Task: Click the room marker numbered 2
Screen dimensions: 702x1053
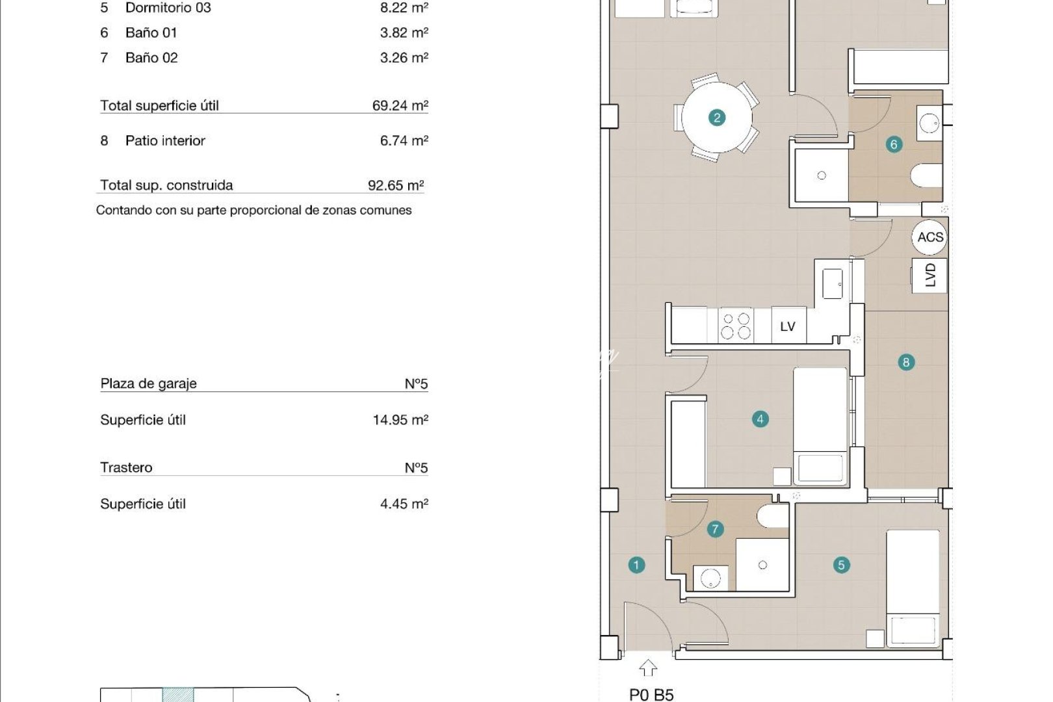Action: pyautogui.click(x=717, y=118)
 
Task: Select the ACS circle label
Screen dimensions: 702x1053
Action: pyautogui.click(x=929, y=237)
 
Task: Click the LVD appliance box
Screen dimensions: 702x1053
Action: pyautogui.click(x=929, y=275)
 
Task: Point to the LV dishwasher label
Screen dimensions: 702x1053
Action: pyautogui.click(x=788, y=326)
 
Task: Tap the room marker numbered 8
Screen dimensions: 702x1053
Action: pyautogui.click(x=905, y=362)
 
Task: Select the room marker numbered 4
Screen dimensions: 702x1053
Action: pyautogui.click(x=760, y=419)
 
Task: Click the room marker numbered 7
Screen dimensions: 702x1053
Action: pyautogui.click(x=715, y=529)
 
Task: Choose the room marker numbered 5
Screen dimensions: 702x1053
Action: pyautogui.click(x=841, y=565)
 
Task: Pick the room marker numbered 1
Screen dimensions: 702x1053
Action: pyautogui.click(x=636, y=565)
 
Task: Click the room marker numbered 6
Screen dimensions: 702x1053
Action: pyautogui.click(x=894, y=144)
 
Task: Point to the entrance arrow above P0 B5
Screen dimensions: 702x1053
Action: pyautogui.click(x=647, y=668)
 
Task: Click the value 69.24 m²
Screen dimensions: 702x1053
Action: pyautogui.click(x=400, y=105)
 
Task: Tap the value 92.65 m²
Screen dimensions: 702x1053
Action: pyautogui.click(x=395, y=185)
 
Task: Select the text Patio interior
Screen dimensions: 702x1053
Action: pyautogui.click(x=165, y=140)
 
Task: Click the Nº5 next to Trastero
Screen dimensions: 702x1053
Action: pyautogui.click(x=416, y=467)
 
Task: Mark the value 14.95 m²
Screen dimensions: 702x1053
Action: pyautogui.click(x=400, y=420)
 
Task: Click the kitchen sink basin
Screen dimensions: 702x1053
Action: pyautogui.click(x=833, y=284)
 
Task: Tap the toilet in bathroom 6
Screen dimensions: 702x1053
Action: pyautogui.click(x=927, y=175)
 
